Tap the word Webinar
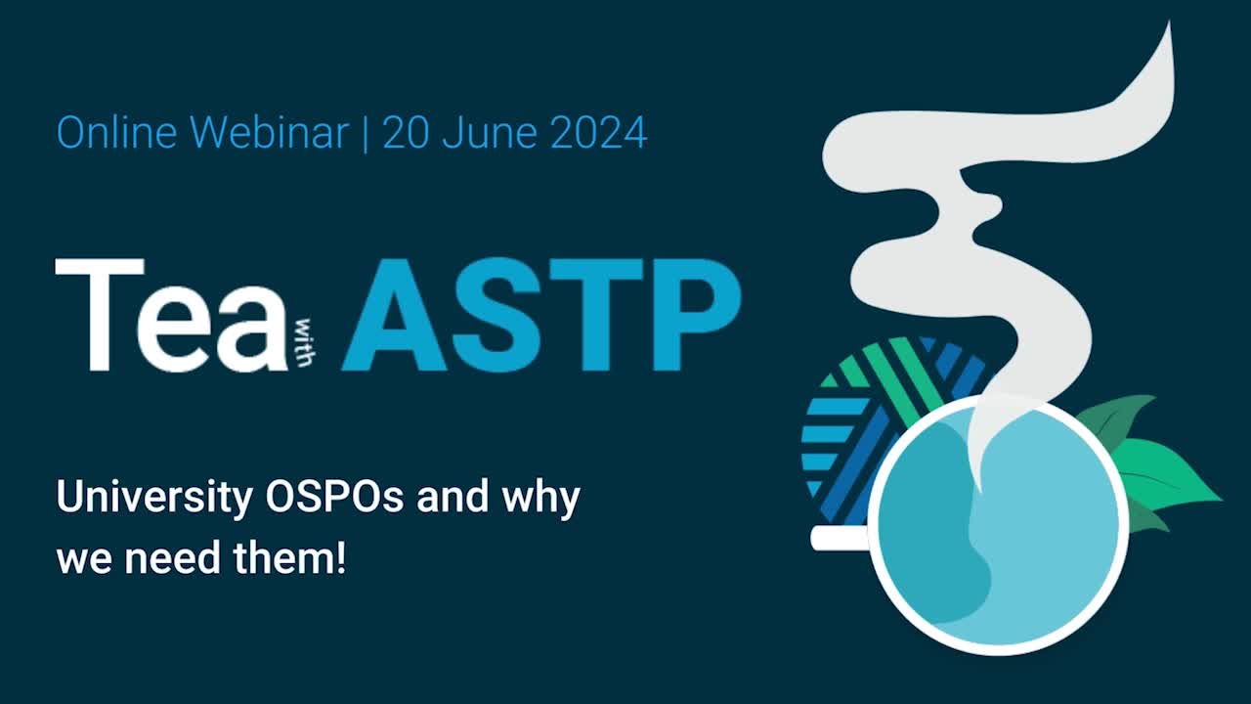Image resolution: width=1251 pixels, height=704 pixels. pyautogui.click(x=269, y=132)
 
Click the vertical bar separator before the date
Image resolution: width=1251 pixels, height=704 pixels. pyautogui.click(x=366, y=132)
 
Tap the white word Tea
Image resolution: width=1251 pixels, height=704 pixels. pyautogui.click(x=172, y=315)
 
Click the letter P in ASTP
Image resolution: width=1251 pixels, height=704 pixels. pyautogui.click(x=695, y=315)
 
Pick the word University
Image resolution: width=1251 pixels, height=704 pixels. pyautogui.click(x=153, y=499)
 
